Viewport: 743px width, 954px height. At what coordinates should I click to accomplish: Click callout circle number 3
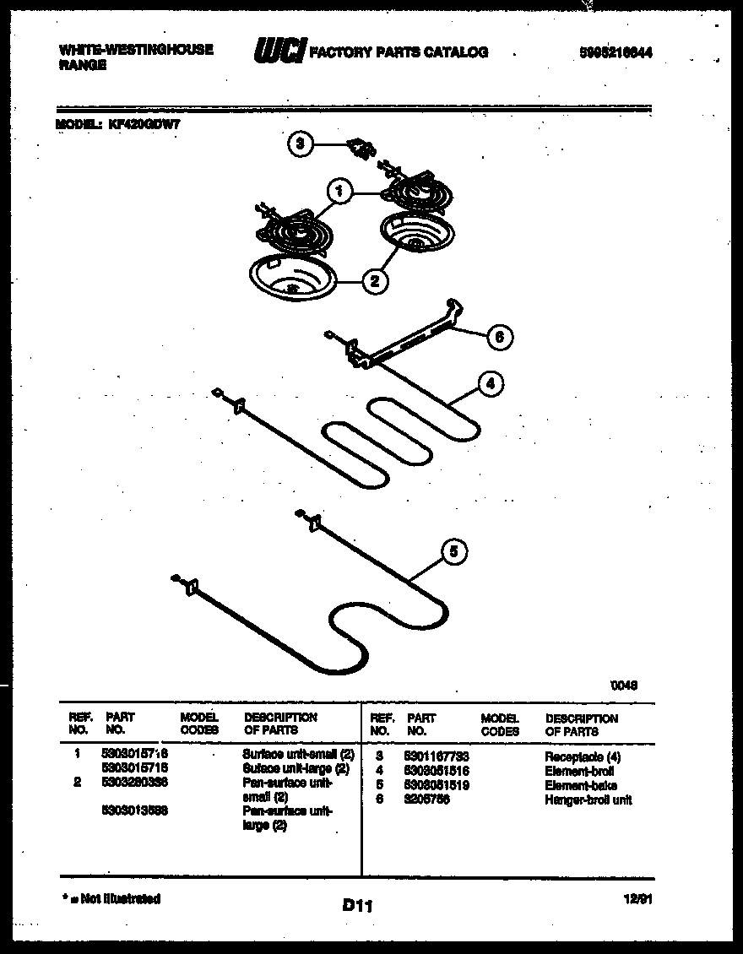click(299, 144)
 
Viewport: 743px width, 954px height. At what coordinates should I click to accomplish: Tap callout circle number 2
click(375, 281)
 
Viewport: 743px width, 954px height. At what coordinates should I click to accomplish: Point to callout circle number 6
click(499, 337)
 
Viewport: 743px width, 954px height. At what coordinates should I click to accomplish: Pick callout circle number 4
click(491, 384)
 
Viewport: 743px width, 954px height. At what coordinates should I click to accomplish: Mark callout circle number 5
click(453, 552)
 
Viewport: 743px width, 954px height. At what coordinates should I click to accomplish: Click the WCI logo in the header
click(279, 51)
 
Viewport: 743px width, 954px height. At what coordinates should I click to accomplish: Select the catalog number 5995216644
click(616, 52)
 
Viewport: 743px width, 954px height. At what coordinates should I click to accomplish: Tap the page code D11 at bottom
click(358, 905)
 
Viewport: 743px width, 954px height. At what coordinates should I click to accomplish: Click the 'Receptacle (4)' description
click(583, 757)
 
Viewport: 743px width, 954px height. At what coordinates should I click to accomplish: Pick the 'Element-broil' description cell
click(579, 772)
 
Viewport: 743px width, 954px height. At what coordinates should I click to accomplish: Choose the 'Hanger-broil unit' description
click(588, 800)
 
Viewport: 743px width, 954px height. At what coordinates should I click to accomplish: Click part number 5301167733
click(437, 757)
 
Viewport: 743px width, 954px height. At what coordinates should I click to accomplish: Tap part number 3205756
click(427, 800)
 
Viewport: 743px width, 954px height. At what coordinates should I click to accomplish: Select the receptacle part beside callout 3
click(361, 149)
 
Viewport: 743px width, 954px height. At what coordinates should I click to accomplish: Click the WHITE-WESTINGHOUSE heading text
click(136, 50)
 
